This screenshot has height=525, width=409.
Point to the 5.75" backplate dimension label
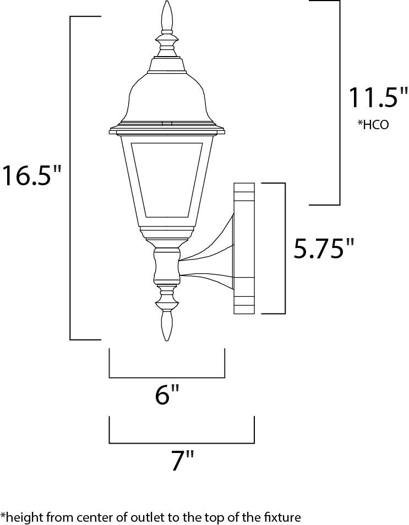pos(323,248)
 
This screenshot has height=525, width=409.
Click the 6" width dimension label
pos(167,394)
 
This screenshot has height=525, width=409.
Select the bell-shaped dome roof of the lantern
pos(167,96)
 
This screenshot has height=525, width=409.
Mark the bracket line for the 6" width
pos(167,378)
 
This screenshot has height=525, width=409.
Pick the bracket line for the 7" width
pos(182,443)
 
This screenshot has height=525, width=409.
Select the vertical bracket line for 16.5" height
pos(70,176)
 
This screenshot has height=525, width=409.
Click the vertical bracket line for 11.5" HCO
pos(339,102)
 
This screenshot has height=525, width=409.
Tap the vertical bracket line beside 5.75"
pos(284,248)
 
